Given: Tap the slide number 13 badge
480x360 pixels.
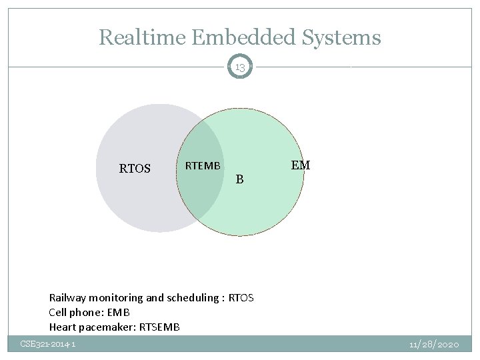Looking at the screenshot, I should pyautogui.click(x=240, y=67).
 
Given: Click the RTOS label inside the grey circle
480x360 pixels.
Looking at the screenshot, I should pyautogui.click(x=135, y=169).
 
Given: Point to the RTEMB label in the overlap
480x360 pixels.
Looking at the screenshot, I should pyautogui.click(x=202, y=166).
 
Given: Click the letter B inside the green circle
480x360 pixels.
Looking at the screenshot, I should pyautogui.click(x=240, y=179).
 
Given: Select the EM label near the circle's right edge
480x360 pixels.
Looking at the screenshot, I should pyautogui.click(x=301, y=165).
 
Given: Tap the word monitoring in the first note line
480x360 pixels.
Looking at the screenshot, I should pyautogui.click(x=115, y=298).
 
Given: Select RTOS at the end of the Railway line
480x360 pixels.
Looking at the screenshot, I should pyautogui.click(x=241, y=298).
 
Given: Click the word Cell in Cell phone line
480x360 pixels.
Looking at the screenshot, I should pyautogui.click(x=57, y=313).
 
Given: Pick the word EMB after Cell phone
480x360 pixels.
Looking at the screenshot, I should pyautogui.click(x=117, y=313).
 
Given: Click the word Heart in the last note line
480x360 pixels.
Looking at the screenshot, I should pyautogui.click(x=63, y=327).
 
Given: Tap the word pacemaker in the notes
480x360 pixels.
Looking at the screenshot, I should pyautogui.click(x=109, y=327).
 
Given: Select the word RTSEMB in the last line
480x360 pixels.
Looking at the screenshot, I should pyautogui.click(x=160, y=327).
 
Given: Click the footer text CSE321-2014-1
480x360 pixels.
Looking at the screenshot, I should pyautogui.click(x=47, y=344).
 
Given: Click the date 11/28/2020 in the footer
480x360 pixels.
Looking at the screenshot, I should pyautogui.click(x=434, y=344).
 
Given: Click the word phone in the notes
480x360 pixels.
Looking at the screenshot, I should pyautogui.click(x=85, y=313).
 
